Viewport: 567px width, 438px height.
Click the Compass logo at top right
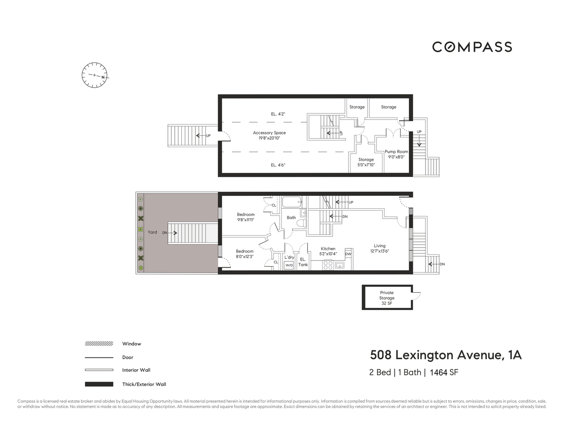pyautogui.click(x=472, y=47)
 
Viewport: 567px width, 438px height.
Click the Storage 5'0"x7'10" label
pyautogui.click(x=366, y=162)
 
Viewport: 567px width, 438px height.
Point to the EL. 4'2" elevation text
pyautogui.click(x=278, y=114)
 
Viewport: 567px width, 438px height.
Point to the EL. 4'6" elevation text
pyautogui.click(x=278, y=165)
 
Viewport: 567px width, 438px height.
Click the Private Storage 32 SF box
pyautogui.click(x=386, y=298)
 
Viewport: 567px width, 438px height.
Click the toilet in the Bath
pyautogui.click(x=301, y=223)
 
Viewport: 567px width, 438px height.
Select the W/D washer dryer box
pyautogui.click(x=289, y=265)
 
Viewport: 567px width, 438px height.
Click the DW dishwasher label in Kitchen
pyautogui.click(x=348, y=254)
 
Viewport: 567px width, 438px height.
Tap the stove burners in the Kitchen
pyautogui.click(x=328, y=265)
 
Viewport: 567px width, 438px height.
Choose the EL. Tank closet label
pyautogui.click(x=303, y=262)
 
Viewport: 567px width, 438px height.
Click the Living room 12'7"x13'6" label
pyautogui.click(x=379, y=248)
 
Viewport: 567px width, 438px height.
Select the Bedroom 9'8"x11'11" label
pyautogui.click(x=245, y=217)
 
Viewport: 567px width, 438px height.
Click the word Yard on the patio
pyautogui.click(x=152, y=232)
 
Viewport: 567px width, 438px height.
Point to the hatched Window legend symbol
pyautogui.click(x=99, y=344)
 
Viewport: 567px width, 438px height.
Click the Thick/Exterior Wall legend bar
pyautogui.click(x=99, y=384)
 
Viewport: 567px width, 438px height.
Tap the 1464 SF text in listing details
pyautogui.click(x=444, y=373)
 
